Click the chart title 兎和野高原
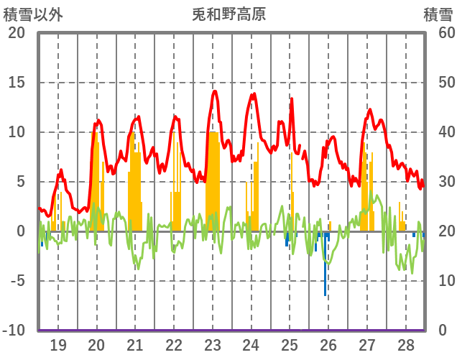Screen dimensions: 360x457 (x=228, y=14)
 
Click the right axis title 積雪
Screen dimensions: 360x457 (x=438, y=14)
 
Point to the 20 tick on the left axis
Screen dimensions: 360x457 (x=16, y=33)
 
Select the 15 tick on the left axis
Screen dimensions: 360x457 (x=16, y=83)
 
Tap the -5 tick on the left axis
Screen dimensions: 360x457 (x=16, y=281)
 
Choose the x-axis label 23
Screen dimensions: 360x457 (x=212, y=345)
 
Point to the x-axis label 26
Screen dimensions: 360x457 (x=328, y=345)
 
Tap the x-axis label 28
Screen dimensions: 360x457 (x=405, y=345)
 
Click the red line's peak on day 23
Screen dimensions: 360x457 (x=214, y=91)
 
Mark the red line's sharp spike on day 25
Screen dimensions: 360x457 (x=291, y=98)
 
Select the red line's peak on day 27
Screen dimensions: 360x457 (x=369, y=109)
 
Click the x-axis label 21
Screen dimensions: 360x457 (x=135, y=345)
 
